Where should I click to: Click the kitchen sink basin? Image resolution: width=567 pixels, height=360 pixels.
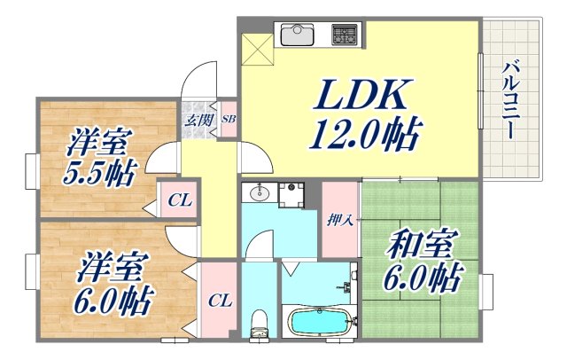pyautogui.click(x=297, y=35)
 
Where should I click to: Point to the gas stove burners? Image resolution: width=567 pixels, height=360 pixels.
pyautogui.click(x=343, y=35)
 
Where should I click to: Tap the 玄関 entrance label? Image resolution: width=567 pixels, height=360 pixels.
pyautogui.click(x=197, y=119)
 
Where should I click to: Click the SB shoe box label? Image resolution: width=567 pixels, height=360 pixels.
pyautogui.click(x=228, y=118)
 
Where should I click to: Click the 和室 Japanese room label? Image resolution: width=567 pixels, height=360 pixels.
pyautogui.click(x=416, y=245)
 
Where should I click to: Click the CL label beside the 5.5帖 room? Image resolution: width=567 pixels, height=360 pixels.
pyautogui.click(x=180, y=200)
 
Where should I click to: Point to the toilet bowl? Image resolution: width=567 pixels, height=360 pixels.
pyautogui.click(x=258, y=325)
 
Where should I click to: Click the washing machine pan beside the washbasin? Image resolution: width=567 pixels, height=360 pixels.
pyautogui.click(x=291, y=194)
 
